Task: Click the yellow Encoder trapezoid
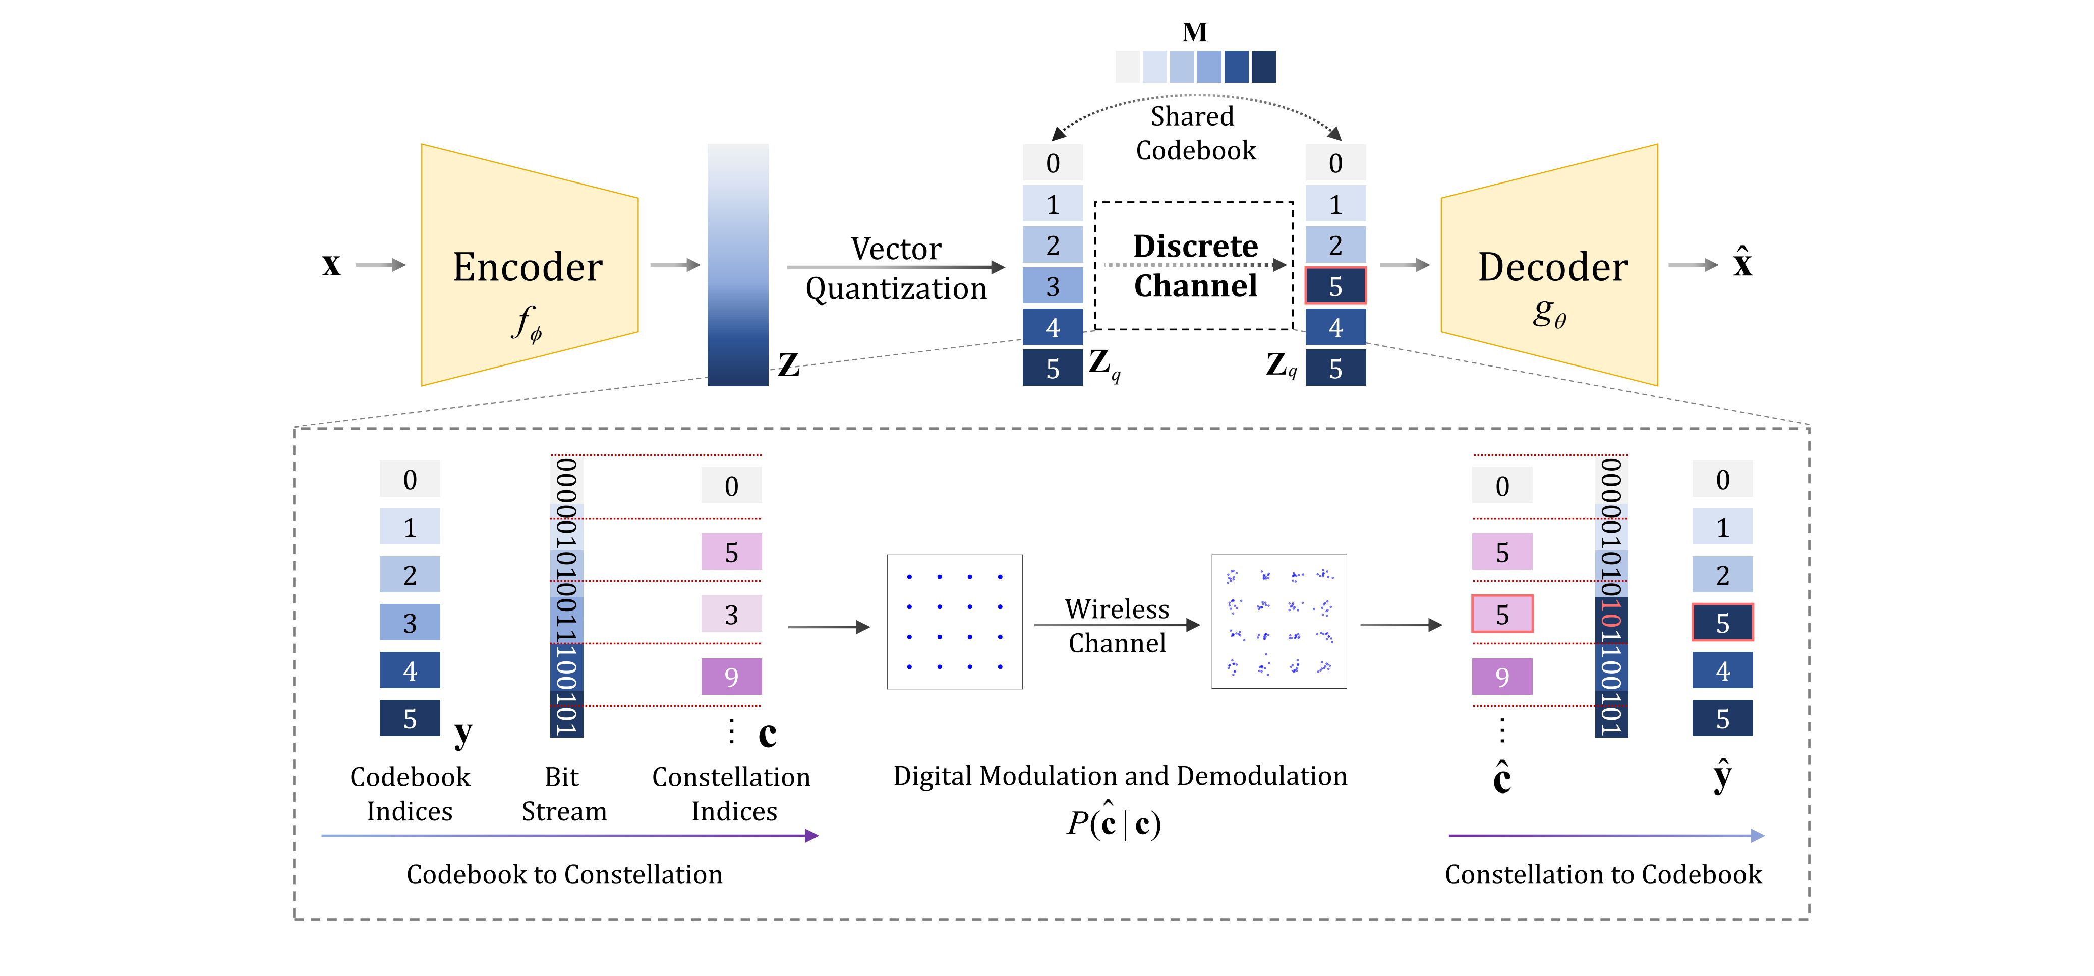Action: (529, 265)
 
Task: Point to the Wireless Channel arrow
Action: (1117, 625)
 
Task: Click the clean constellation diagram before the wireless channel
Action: (954, 622)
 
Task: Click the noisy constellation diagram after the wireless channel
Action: (1278, 622)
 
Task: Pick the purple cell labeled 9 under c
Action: (731, 676)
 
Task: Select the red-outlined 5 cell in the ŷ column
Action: (1722, 623)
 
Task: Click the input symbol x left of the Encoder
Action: (331, 265)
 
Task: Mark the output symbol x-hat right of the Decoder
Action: (1742, 263)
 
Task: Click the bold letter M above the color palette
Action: (1194, 32)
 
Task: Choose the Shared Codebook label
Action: (1194, 133)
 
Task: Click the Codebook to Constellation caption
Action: (564, 875)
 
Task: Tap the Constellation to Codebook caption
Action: (1603, 875)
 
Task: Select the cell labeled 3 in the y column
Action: (410, 623)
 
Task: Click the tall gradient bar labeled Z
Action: (737, 265)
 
